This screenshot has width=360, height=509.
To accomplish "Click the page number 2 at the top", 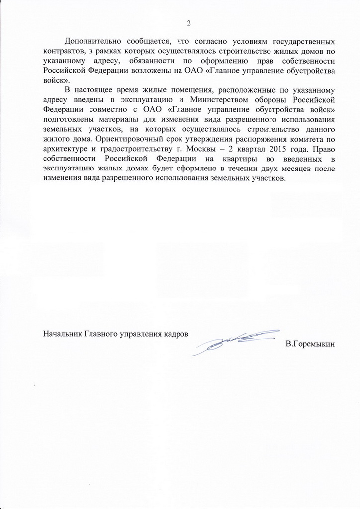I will click(188, 23).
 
